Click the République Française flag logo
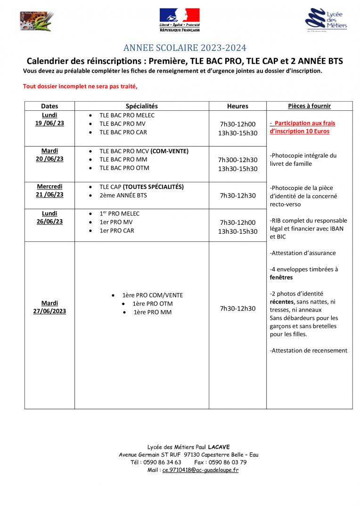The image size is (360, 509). click(x=180, y=20)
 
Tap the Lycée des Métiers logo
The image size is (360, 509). click(x=328, y=20)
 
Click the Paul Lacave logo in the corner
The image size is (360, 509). click(x=37, y=21)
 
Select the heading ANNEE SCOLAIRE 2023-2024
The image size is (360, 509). click(x=185, y=48)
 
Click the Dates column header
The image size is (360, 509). click(x=49, y=106)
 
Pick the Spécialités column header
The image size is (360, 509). click(x=142, y=106)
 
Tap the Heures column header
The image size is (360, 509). click(x=237, y=106)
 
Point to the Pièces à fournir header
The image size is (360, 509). click(x=309, y=106)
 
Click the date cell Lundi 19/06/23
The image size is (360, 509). click(x=49, y=119)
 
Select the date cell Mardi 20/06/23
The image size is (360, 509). click(x=49, y=155)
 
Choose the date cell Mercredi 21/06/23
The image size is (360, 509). click(x=49, y=190)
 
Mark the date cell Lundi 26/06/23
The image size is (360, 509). click(x=49, y=217)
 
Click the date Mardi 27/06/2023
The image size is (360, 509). click(x=49, y=307)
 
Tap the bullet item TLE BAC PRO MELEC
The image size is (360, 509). click(x=127, y=115)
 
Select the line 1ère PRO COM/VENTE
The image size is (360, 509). click(x=152, y=295)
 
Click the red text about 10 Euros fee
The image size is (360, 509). click(x=302, y=127)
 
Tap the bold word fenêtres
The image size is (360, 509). click(x=281, y=278)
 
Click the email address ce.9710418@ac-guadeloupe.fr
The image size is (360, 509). click(x=200, y=470)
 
